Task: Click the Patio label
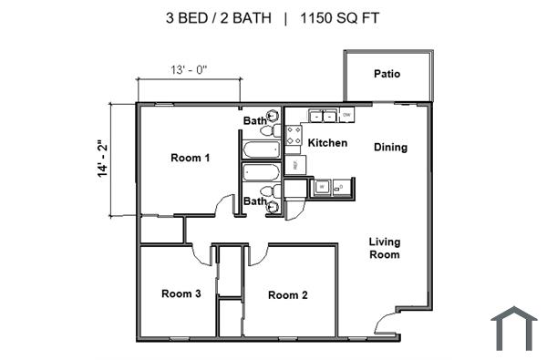click(387, 74)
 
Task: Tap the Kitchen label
click(327, 143)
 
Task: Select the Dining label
click(390, 147)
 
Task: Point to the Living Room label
click(385, 248)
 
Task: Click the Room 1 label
click(191, 158)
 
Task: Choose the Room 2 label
click(288, 294)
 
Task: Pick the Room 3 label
click(181, 293)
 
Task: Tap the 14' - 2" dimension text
click(103, 159)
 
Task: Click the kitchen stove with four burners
click(294, 136)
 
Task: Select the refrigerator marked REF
click(294, 165)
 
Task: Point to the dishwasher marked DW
click(347, 115)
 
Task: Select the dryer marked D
click(343, 188)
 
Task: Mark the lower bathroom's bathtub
click(263, 173)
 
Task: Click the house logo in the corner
click(513, 328)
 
